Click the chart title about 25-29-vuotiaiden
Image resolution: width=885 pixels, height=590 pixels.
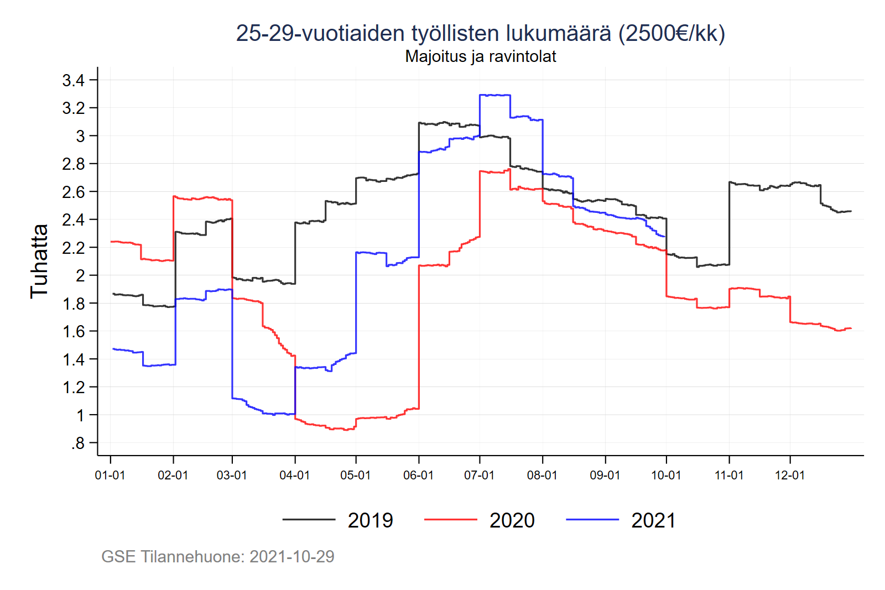click(480, 33)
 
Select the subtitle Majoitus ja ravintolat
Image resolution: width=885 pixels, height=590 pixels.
click(480, 56)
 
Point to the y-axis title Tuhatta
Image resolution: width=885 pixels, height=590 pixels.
click(39, 261)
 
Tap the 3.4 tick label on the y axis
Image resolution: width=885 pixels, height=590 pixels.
click(73, 81)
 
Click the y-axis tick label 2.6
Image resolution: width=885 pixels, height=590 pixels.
click(73, 192)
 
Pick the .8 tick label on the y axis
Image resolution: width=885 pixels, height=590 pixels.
click(77, 443)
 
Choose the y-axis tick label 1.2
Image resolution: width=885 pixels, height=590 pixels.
click(73, 387)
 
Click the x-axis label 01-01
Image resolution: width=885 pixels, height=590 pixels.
click(110, 475)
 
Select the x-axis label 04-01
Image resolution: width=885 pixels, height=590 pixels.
click(295, 475)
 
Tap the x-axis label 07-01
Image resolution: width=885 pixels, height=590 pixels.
click(479, 475)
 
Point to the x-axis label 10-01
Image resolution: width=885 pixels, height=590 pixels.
click(666, 475)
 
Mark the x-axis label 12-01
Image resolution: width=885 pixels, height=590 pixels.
click(790, 475)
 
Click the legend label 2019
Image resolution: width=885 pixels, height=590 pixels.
click(370, 520)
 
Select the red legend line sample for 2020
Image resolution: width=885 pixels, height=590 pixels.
click(450, 520)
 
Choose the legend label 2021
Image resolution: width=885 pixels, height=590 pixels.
click(653, 520)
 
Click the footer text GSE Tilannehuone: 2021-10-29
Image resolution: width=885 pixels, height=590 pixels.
click(218, 556)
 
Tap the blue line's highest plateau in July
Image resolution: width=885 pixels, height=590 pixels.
click(495, 95)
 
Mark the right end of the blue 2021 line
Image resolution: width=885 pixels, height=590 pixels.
click(665, 237)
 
